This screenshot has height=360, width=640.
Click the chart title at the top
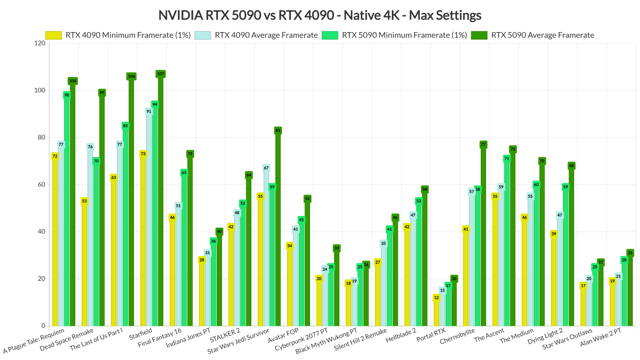320,15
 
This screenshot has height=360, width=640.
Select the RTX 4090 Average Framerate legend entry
266,35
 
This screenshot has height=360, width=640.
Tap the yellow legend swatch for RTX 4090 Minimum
53,35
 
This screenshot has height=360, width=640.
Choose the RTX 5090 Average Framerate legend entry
542,35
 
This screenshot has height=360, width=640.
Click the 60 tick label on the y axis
41,185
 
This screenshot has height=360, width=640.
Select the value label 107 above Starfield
160,74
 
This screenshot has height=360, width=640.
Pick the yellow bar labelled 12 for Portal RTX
436,312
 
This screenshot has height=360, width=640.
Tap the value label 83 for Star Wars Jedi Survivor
278,130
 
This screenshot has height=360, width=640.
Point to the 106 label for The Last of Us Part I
131,76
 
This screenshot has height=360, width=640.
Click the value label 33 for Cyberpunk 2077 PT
337,248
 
